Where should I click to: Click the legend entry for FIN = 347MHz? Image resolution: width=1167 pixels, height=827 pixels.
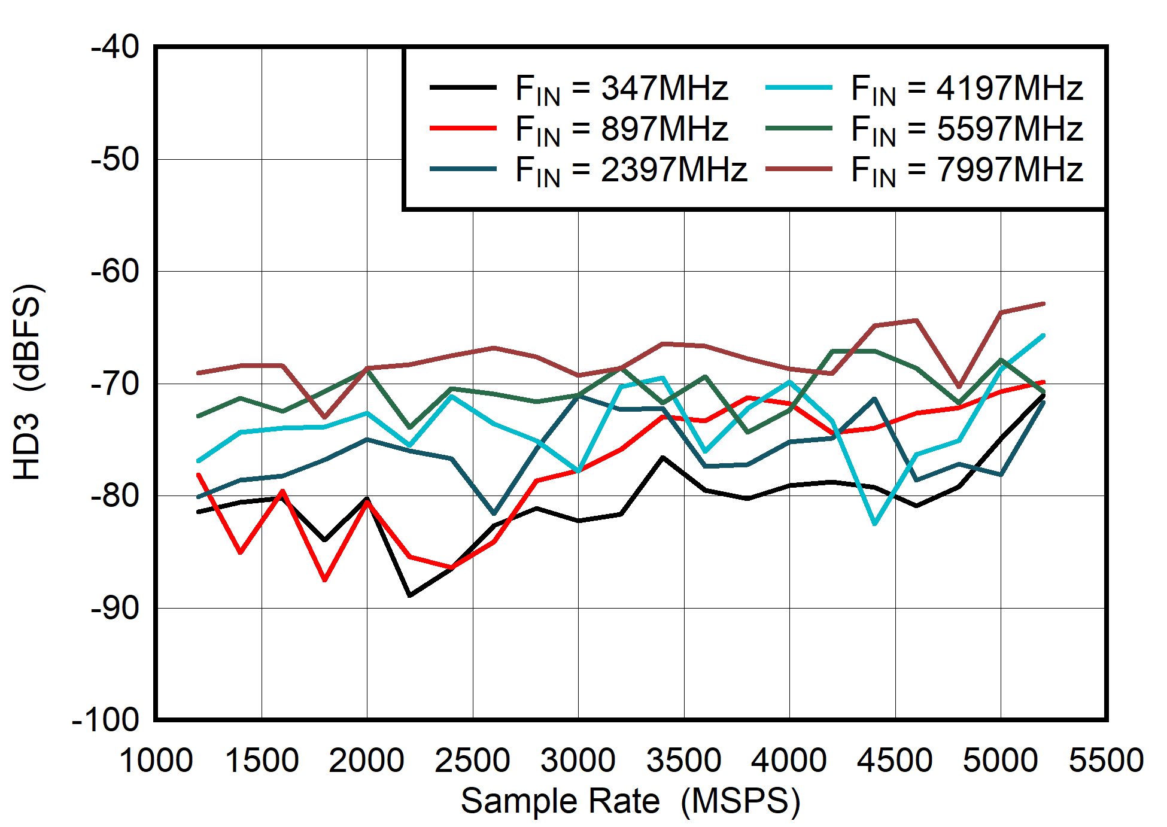point(621,89)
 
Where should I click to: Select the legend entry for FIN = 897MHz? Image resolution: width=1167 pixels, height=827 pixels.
point(621,129)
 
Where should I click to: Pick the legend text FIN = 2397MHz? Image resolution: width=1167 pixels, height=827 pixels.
point(631,170)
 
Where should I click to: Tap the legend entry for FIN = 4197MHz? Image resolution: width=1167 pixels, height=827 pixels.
point(966,89)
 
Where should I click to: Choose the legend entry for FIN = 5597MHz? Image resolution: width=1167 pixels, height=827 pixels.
point(966,129)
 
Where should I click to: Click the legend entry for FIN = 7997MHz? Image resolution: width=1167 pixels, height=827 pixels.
point(966,170)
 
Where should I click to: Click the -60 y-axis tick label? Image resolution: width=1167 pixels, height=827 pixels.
point(115,271)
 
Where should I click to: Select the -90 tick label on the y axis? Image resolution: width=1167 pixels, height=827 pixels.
point(115,608)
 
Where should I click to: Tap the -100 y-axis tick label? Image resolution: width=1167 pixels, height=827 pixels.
point(105,720)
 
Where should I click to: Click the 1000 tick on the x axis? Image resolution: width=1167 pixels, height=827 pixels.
point(156,761)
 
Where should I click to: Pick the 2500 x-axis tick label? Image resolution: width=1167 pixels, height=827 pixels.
point(472,761)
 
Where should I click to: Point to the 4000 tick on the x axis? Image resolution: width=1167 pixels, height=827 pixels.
point(789,761)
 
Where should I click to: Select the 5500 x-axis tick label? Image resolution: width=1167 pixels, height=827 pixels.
point(1106,761)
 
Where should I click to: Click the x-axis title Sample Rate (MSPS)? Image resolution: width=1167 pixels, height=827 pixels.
point(630,801)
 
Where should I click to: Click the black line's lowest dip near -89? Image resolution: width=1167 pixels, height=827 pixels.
point(410,595)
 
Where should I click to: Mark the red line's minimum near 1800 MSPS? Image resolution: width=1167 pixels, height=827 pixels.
point(325,580)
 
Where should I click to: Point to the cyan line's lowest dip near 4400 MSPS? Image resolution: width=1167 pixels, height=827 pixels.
point(875,524)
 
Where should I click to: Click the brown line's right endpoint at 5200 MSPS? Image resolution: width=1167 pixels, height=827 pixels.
point(1043,304)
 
